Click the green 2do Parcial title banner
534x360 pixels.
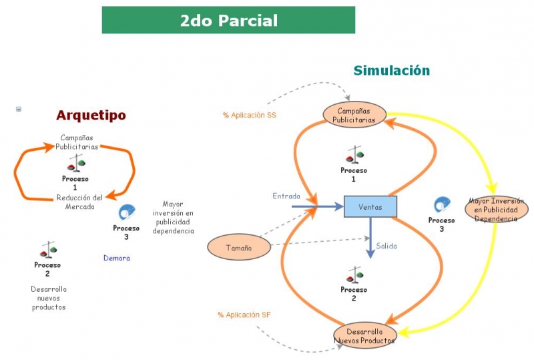point(228,21)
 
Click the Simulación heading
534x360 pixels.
point(391,71)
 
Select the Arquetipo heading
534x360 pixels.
point(91,116)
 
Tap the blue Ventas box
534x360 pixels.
point(370,207)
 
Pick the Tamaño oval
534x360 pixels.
point(238,248)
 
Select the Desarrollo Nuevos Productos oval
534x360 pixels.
point(364,336)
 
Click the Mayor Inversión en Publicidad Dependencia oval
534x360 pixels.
point(496,209)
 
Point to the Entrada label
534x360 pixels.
point(286,196)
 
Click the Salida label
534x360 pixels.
point(386,246)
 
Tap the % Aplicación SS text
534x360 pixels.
point(250,116)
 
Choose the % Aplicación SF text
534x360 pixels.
point(244,315)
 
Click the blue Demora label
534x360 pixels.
point(117,258)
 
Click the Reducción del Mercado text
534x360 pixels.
point(80,201)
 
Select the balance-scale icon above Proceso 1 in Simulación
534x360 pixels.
point(354,156)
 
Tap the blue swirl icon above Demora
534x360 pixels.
point(126,213)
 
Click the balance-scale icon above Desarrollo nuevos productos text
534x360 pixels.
point(47,250)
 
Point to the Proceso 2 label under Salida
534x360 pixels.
point(354,294)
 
